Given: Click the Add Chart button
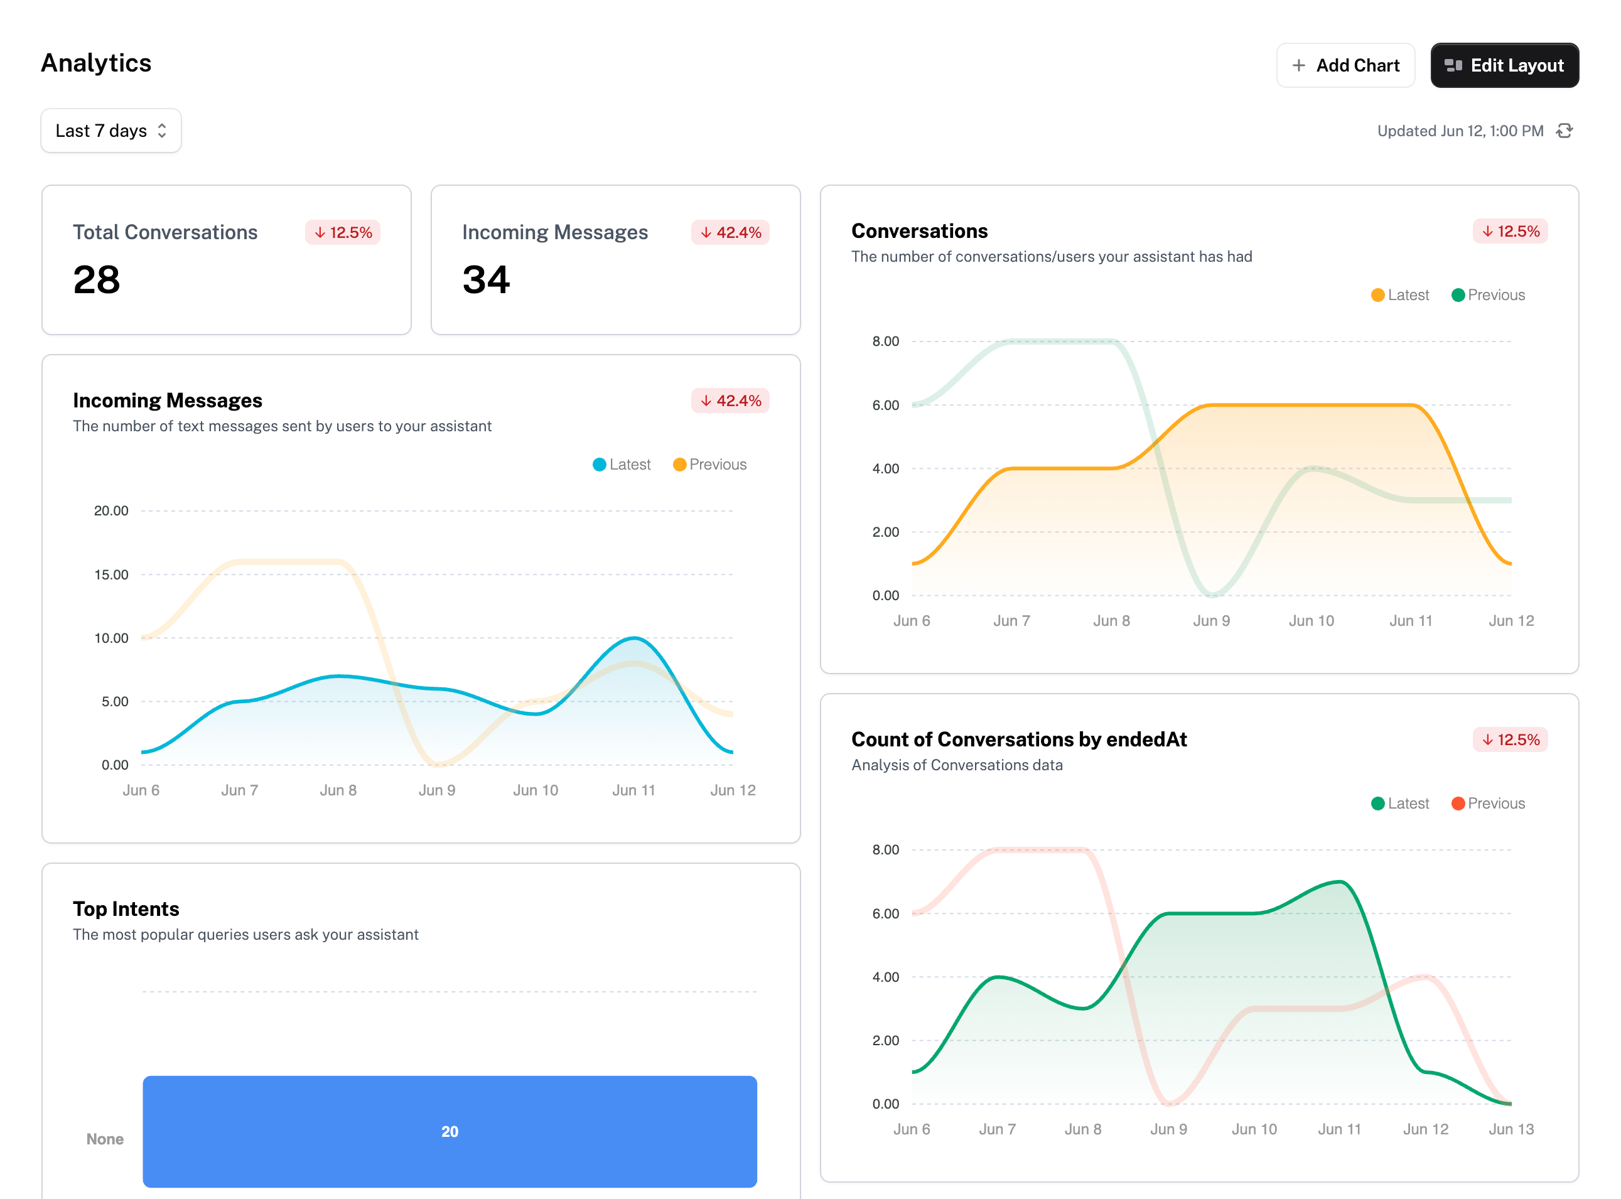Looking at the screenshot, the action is pyautogui.click(x=1345, y=65).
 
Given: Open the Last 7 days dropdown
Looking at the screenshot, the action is pyautogui.click(x=111, y=131).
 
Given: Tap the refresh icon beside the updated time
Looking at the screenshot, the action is pyautogui.click(x=1564, y=131).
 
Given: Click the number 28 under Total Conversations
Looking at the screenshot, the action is pyautogui.click(x=97, y=279).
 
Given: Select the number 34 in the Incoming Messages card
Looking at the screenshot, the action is pyautogui.click(x=487, y=279).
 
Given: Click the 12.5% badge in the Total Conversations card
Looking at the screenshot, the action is pyautogui.click(x=343, y=232).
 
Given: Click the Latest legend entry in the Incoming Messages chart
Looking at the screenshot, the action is pyautogui.click(x=622, y=465).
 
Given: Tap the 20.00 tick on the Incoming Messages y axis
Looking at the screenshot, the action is pyautogui.click(x=111, y=511).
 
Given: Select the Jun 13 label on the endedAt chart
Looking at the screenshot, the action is pyautogui.click(x=1511, y=1129).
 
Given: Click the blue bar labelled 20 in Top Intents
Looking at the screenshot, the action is pyautogui.click(x=450, y=1131).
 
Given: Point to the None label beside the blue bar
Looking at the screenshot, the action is pyautogui.click(x=105, y=1139).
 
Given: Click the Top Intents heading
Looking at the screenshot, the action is pyautogui.click(x=126, y=909).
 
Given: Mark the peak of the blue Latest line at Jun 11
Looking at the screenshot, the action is pyautogui.click(x=635, y=638).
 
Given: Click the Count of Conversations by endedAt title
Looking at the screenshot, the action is pyautogui.click(x=1019, y=739).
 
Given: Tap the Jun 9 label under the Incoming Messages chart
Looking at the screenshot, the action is pyautogui.click(x=437, y=790).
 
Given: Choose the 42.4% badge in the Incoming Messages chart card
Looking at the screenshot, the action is pyautogui.click(x=730, y=401).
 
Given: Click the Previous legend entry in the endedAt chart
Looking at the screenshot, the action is pyautogui.click(x=1488, y=804).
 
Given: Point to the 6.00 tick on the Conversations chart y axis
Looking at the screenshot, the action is pyautogui.click(x=886, y=405).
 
